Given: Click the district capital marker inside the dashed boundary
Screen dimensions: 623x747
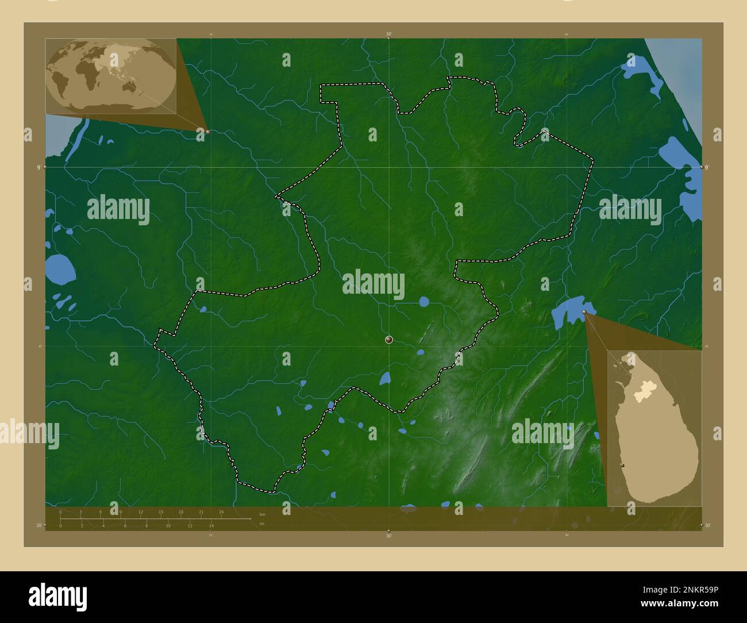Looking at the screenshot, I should (389, 340).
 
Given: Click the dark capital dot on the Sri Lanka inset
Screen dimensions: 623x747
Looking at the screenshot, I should (622, 466).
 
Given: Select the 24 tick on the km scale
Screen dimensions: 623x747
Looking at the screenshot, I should (221, 512).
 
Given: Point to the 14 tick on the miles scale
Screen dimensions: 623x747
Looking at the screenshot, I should (211, 525).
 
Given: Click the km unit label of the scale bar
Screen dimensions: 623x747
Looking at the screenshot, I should (262, 514).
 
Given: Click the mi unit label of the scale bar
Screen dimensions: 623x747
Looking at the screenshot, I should (262, 524).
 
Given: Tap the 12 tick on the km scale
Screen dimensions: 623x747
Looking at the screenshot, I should (141, 512).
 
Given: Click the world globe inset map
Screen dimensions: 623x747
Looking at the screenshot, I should (111, 76).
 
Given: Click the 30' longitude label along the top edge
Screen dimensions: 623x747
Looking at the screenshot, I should (389, 34).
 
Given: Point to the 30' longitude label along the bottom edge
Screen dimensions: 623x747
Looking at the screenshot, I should (389, 536).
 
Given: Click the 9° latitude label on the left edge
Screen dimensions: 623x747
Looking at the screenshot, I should (39, 167).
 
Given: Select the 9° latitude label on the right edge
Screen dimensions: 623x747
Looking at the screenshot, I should (707, 167).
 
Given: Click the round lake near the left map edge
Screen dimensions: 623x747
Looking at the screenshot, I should (60, 268).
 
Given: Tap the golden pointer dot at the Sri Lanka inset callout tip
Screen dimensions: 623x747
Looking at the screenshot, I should (584, 312).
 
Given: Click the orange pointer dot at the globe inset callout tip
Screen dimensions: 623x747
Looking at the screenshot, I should (207, 132).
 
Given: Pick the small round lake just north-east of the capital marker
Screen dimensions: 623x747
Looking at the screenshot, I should (424, 301).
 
